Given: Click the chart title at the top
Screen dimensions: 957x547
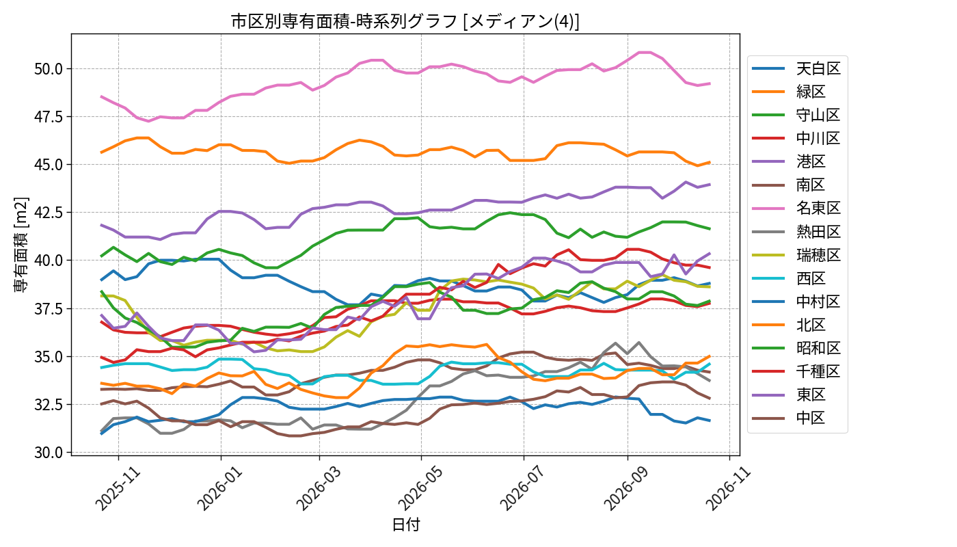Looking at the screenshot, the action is pyautogui.click(x=405, y=21).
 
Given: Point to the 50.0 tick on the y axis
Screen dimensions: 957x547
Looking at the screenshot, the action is pyautogui.click(x=49, y=69).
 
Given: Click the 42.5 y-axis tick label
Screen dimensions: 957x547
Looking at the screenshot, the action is pyautogui.click(x=49, y=213).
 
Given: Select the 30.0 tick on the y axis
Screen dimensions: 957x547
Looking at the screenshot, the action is pyautogui.click(x=49, y=453).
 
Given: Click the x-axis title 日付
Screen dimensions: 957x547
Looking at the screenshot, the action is pyautogui.click(x=406, y=524).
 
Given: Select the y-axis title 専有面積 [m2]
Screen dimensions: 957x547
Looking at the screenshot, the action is pyautogui.click(x=21, y=245).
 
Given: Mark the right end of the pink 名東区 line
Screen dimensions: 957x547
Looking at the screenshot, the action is pyautogui.click(x=710, y=83).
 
